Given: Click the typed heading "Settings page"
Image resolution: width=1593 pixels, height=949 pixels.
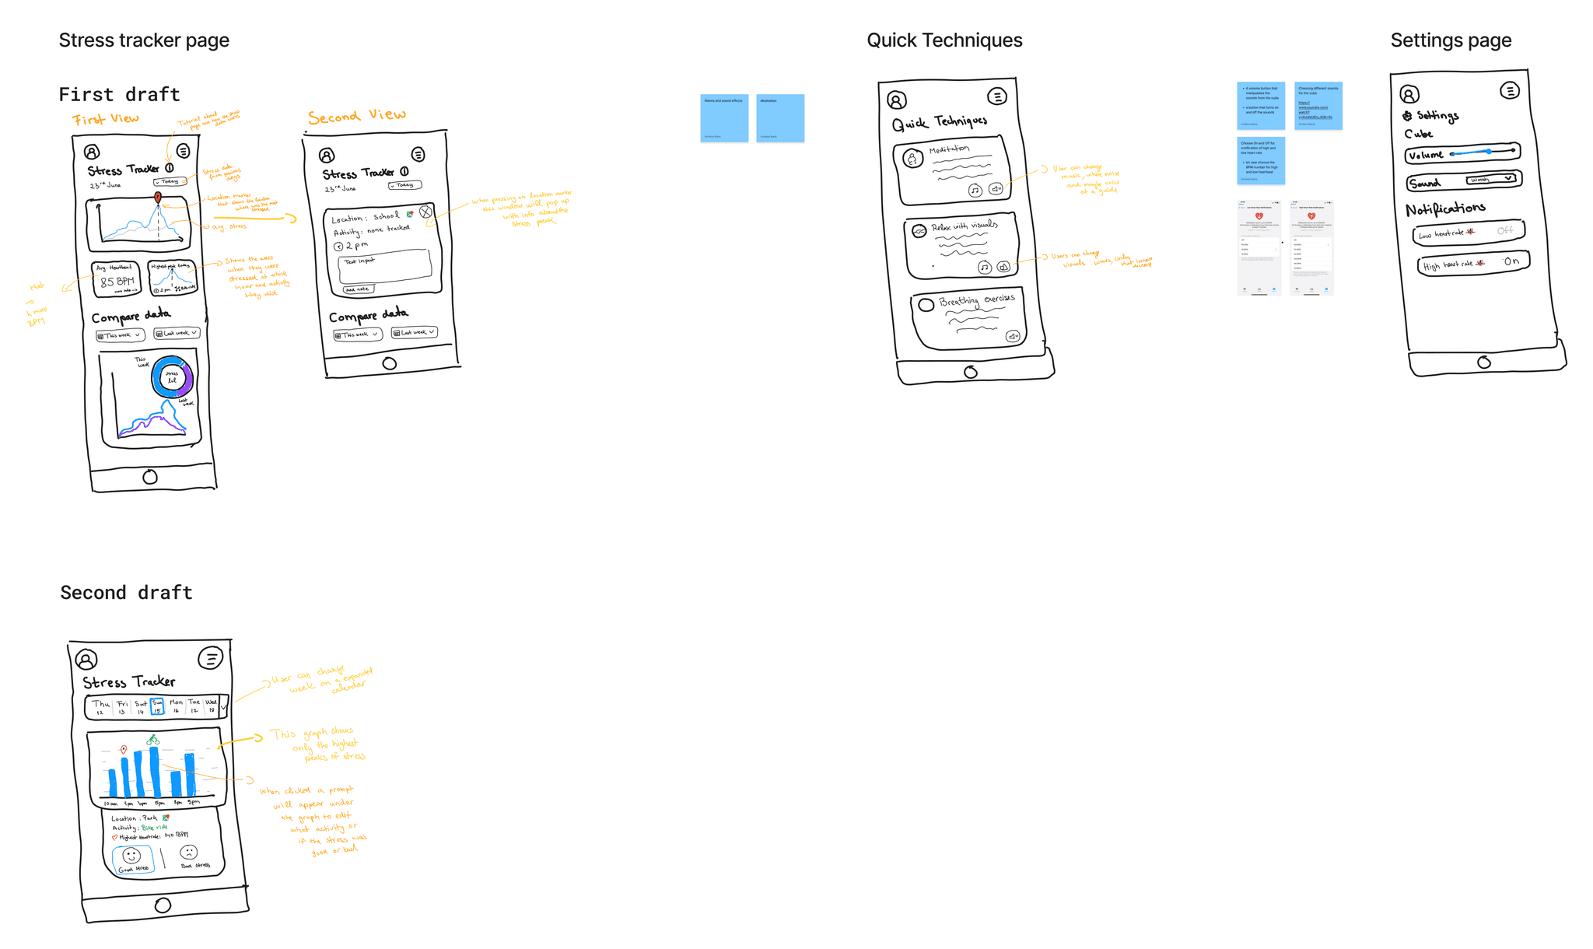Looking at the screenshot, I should tap(1451, 40).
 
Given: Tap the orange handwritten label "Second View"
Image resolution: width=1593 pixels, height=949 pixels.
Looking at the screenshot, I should tap(356, 117).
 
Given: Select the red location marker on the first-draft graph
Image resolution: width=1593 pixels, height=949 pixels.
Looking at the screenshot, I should tap(158, 198).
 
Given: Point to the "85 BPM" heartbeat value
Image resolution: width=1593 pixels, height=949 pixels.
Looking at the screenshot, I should tap(117, 282).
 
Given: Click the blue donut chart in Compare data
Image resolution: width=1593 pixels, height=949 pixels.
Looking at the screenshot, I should tap(172, 377).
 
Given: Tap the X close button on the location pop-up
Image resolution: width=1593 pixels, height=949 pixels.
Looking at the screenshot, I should tap(425, 212).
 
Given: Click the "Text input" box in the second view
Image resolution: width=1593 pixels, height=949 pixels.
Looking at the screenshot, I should tap(385, 265).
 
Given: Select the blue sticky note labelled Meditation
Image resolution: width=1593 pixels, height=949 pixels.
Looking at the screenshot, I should tap(780, 117).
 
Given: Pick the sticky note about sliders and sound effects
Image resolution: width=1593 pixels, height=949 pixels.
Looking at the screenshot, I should tap(724, 117).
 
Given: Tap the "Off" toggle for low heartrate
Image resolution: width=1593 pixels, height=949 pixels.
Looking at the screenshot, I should tap(1505, 231).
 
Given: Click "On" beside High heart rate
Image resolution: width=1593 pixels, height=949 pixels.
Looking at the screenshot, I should tap(1511, 261).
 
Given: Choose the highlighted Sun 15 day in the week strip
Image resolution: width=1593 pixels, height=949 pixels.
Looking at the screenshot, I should tap(157, 706).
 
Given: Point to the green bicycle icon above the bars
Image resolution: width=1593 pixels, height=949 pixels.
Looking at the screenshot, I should tap(153, 739).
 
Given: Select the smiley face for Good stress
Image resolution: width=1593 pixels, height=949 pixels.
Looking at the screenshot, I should tap(131, 856).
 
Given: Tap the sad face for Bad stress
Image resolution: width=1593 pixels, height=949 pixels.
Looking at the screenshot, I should tap(189, 853).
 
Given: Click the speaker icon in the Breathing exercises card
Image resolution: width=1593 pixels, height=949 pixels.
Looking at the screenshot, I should tap(1013, 336).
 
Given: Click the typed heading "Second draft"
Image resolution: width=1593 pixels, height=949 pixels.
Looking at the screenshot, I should tap(126, 593).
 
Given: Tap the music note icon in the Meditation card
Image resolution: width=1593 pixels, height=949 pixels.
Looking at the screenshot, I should tap(975, 190).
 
